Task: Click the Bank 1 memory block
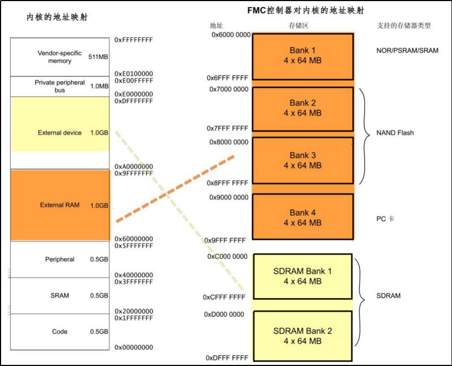coord(303,56)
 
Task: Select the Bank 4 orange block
coord(303,216)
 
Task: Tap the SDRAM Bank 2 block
coord(303,336)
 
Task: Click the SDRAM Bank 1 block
coord(303,277)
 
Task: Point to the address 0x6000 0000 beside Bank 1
coord(231,35)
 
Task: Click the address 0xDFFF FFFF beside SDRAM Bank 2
coord(227,358)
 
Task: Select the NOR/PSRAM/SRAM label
coord(408,50)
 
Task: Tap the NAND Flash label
coord(395,133)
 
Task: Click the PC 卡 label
coord(385,219)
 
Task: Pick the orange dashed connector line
coord(175,189)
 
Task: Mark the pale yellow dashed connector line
coord(179,210)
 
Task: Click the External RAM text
coord(60,205)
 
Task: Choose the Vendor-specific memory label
coord(60,57)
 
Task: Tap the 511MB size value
coord(98,57)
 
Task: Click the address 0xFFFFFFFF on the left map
coord(134,40)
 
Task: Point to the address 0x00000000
coord(134,347)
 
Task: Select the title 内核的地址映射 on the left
coord(57,17)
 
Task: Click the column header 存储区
coord(299,25)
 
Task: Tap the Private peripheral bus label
coord(60,86)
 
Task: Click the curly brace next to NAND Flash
coord(364,136)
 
